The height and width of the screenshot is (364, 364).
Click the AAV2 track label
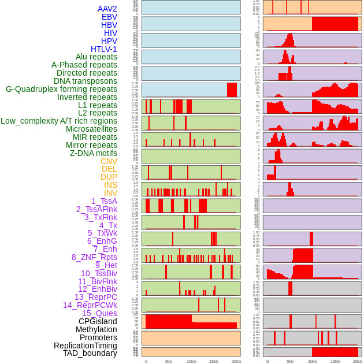pos(107,9)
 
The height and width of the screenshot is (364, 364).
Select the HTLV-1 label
pos(103,49)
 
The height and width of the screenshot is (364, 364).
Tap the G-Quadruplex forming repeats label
pos(61,89)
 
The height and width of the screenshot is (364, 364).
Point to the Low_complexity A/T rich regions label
pos(59,121)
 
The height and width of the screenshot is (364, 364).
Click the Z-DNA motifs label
pos(94,153)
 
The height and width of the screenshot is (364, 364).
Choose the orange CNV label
pos(109,161)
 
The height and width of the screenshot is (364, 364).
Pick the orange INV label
pos(110,193)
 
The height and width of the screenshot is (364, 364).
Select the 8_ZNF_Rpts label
pos(94,257)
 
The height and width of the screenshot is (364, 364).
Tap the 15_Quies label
pos(99,313)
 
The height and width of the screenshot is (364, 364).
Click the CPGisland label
pos(98,321)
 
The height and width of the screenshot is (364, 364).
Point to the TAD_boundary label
pos(90,353)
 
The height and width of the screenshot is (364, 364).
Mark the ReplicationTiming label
pos(85,346)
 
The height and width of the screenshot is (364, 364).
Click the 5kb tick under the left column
pos(169,361)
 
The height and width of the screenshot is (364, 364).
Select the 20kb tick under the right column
pos(358,361)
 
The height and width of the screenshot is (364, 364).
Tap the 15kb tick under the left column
pos(214,361)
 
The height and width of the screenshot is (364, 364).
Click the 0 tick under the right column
pos(267,361)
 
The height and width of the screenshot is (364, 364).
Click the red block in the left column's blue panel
pos(232,90)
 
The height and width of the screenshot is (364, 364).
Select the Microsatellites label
pos(91,129)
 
